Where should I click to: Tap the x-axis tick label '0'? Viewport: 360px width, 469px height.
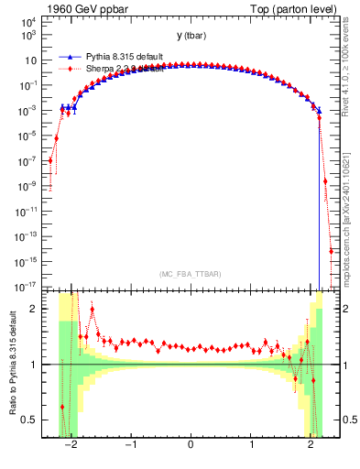pos(191,446)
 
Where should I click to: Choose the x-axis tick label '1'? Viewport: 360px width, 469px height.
pos(251,446)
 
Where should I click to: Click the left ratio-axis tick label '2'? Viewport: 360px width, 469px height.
pos(35,309)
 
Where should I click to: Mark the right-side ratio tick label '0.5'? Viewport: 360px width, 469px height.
pos(347,420)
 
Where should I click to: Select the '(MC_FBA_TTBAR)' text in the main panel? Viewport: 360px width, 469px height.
pos(191,275)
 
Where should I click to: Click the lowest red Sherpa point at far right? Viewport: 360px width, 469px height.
pos(331,251)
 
